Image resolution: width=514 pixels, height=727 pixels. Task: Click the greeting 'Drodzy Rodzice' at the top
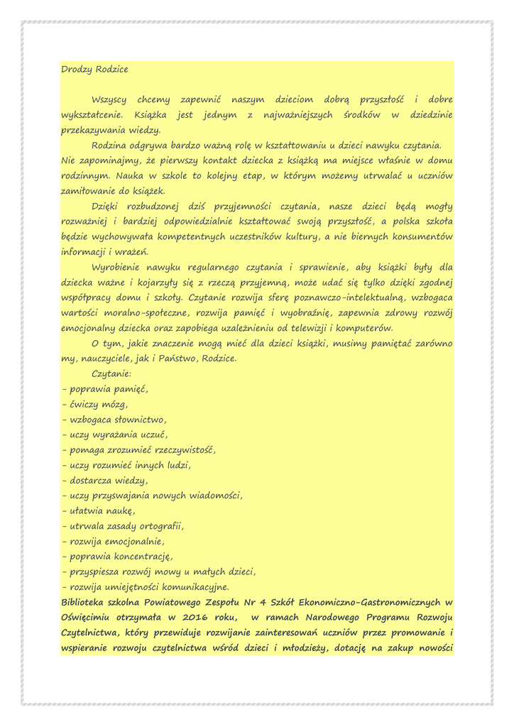(94, 69)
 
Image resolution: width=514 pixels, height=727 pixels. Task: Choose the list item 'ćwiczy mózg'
(98, 404)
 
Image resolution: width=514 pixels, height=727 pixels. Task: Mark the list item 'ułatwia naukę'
(102, 510)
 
